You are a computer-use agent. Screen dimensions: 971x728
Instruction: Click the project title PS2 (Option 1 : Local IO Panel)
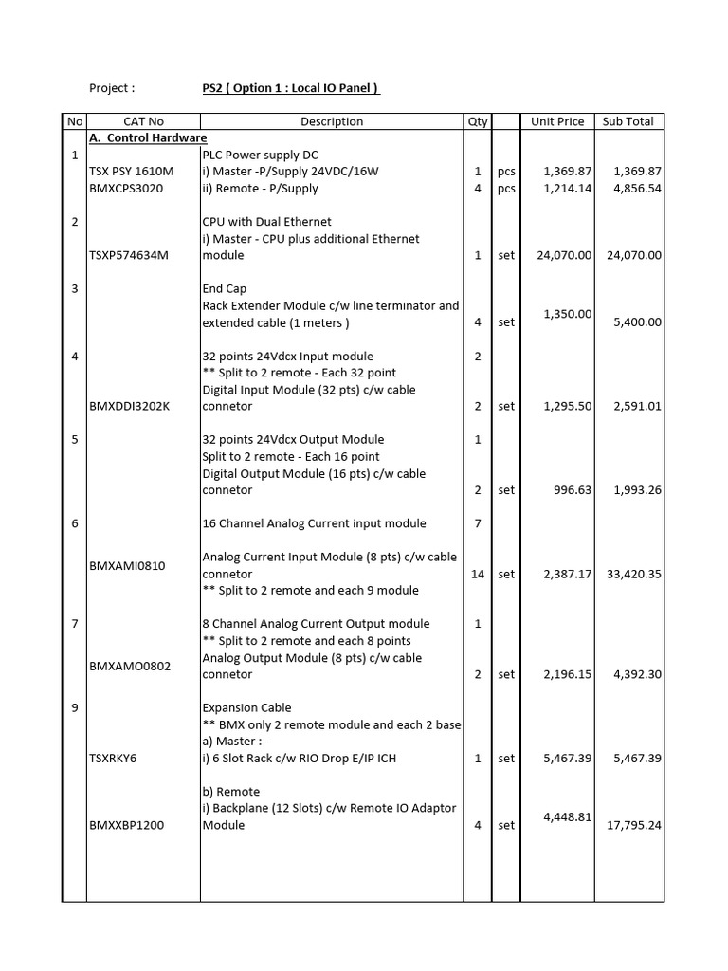coord(291,88)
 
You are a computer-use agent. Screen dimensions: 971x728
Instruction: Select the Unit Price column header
coord(557,121)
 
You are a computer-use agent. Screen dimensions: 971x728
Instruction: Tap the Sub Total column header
coord(628,121)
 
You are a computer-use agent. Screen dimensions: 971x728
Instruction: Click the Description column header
coord(332,121)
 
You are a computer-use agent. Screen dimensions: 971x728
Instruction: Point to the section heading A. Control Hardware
coord(148,137)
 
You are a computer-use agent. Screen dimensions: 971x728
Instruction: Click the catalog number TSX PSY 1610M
coord(132,172)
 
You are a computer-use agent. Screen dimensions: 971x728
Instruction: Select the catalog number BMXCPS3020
coord(126,188)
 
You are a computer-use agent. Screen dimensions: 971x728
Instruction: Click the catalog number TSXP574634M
coord(128,255)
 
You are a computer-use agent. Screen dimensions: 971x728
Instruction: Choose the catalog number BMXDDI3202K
coord(131,406)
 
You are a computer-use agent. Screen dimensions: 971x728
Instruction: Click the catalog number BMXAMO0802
coord(130,667)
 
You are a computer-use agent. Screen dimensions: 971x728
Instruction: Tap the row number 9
coord(74,707)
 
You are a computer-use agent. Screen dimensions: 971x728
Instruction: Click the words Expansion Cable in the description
coord(246,707)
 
